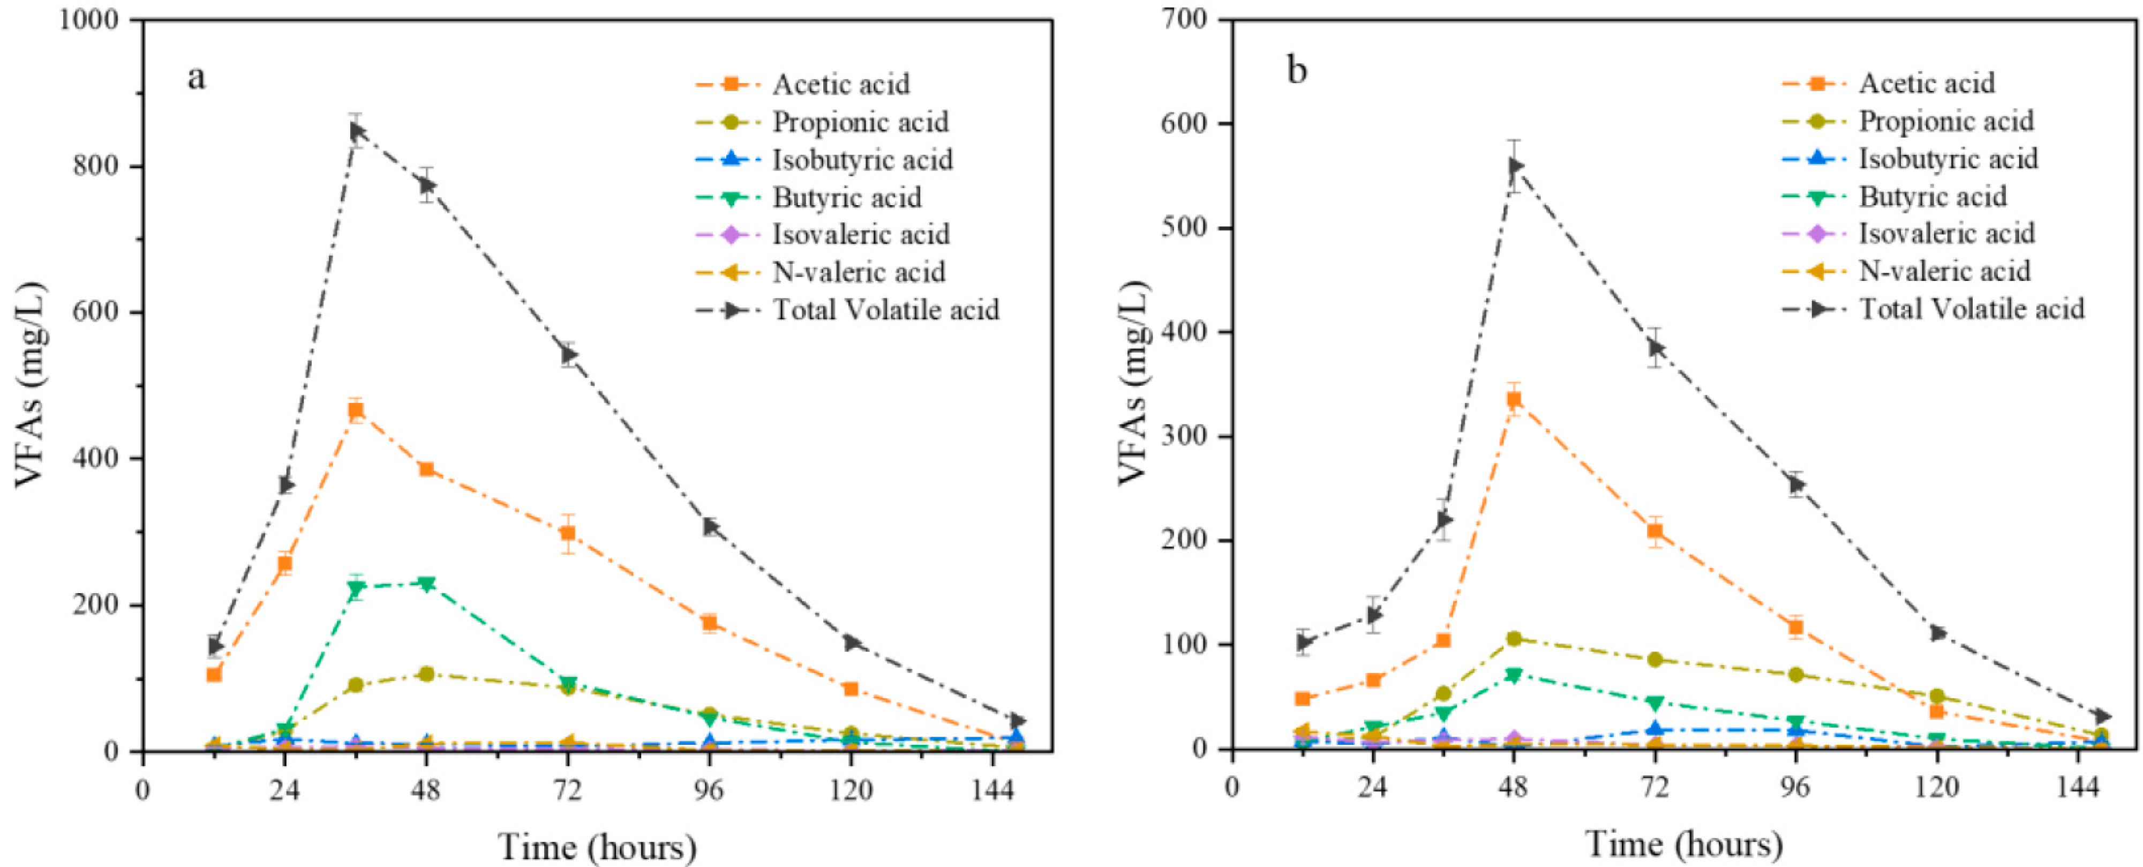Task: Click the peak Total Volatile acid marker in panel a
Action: pyautogui.click(x=356, y=131)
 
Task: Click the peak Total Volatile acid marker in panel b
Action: pyautogui.click(x=1514, y=167)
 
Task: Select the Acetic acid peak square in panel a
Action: pyautogui.click(x=356, y=409)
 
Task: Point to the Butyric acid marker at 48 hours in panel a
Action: pyautogui.click(x=427, y=584)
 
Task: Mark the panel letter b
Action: pyautogui.click(x=1297, y=70)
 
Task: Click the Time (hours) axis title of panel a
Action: pyautogui.click(x=597, y=847)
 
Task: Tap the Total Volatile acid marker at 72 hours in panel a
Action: pyautogui.click(x=569, y=355)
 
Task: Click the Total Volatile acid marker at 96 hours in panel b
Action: pyautogui.click(x=1796, y=484)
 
